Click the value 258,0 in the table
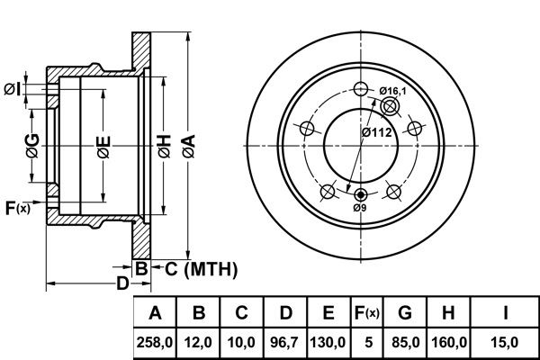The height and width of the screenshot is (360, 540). coord(155,343)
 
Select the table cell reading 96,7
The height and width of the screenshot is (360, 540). coord(284,343)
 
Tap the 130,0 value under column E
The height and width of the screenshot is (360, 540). coord(328,343)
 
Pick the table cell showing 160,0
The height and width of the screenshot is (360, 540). coord(449,343)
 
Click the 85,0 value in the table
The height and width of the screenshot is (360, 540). coord(405,343)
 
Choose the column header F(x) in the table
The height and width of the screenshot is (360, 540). coord(367,313)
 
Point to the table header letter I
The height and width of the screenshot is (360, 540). coord(505,313)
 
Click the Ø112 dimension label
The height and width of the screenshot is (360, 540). coord(377,132)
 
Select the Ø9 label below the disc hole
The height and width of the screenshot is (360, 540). coord(360,208)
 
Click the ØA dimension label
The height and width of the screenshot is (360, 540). coord(189,147)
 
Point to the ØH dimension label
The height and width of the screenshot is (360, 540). coord(165,147)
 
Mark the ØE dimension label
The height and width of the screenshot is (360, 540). coord(103,148)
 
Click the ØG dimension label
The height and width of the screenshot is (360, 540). coord(32,147)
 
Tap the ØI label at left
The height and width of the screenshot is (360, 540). coord(12,90)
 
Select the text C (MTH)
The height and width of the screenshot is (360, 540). coord(201,269)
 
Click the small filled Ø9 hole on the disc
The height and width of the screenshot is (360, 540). coord(361,195)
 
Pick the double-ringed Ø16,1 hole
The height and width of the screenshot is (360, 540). coord(389,106)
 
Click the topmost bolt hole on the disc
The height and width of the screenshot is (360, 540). coord(361,89)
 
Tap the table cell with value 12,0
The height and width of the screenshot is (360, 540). coord(198,343)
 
